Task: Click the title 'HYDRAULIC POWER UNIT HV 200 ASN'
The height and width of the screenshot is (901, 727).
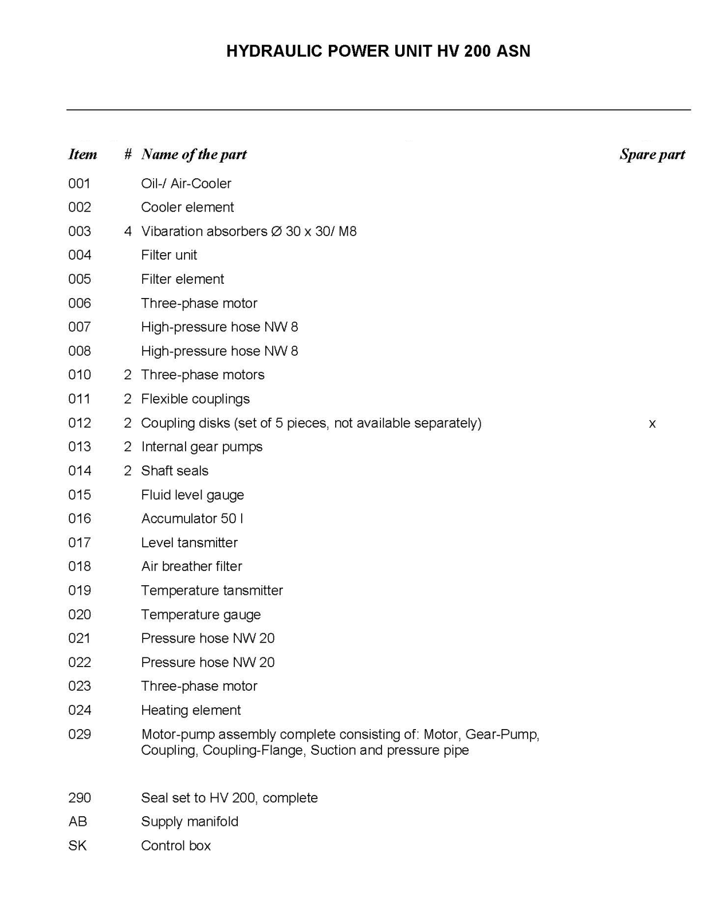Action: [x=378, y=51]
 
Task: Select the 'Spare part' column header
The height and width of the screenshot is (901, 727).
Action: [x=652, y=154]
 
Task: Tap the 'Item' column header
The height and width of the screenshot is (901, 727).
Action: [x=82, y=154]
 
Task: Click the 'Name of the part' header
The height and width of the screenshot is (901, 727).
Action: [x=194, y=154]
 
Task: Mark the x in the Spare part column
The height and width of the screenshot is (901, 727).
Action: [x=652, y=424]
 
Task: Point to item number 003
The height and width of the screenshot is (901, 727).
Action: [x=80, y=232]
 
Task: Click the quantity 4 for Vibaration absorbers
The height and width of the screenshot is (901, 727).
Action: [x=128, y=232]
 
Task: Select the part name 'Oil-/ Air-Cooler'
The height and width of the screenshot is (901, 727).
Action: [x=186, y=183]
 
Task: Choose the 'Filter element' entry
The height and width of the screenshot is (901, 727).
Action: [x=183, y=279]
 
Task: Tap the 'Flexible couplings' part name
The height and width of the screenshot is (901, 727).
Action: [x=195, y=399]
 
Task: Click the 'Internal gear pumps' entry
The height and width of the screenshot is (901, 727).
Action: [x=202, y=446]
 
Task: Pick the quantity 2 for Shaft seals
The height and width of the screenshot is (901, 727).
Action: [x=128, y=471]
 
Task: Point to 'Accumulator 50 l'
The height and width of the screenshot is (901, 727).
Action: [x=192, y=519]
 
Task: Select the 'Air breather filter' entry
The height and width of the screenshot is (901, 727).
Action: [x=192, y=566]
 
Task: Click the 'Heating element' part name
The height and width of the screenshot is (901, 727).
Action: [x=191, y=710]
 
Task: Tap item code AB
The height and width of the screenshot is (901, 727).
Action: [x=78, y=821]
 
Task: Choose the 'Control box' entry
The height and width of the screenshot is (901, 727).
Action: [x=176, y=845]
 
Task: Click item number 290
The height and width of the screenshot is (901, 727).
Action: [x=80, y=798]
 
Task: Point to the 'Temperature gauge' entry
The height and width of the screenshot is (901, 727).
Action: [x=201, y=614]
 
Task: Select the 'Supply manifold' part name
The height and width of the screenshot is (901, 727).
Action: [x=190, y=821]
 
